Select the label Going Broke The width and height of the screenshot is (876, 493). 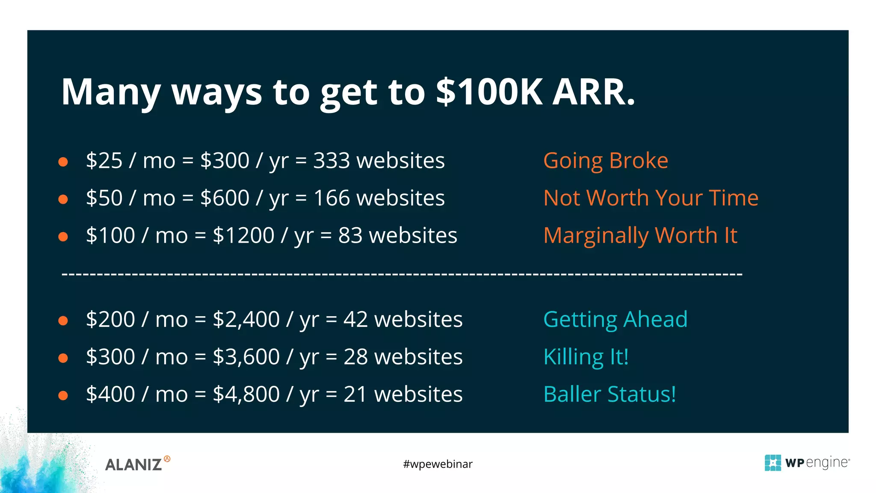coord(605,161)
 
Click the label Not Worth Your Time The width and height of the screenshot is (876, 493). coord(651,198)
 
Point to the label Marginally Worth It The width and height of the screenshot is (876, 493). coord(640,236)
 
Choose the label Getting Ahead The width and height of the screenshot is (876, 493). coord(615,320)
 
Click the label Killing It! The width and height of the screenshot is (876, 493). coord(586,357)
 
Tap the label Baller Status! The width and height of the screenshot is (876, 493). coord(610,394)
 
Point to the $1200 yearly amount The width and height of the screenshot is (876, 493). coord(243,236)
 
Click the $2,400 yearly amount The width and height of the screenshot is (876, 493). coord(246,320)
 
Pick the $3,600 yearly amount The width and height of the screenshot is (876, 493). coord(246,357)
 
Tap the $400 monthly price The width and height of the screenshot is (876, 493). coord(110,394)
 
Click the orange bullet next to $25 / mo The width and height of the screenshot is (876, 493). coord(63,162)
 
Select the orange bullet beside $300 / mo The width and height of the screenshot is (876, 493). coord(63,358)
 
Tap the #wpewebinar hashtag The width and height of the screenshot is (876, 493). coord(438,464)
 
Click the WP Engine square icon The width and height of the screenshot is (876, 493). coord(772,463)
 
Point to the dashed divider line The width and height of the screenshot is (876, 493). coord(402,273)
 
